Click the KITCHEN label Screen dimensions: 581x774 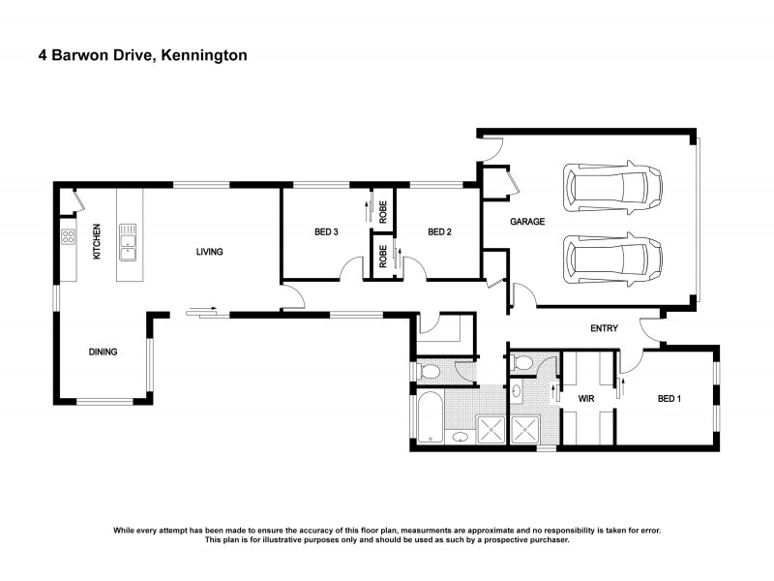(x=97, y=242)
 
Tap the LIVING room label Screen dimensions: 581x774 (x=210, y=252)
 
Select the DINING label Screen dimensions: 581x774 (x=104, y=352)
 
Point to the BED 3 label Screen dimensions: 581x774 (x=327, y=231)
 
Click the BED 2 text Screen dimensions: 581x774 (x=440, y=231)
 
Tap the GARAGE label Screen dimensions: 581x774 (x=528, y=222)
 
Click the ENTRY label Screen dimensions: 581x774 (x=604, y=329)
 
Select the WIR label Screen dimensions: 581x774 (x=585, y=398)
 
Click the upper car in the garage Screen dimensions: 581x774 (x=613, y=186)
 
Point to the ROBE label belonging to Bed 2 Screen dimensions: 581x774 (x=383, y=256)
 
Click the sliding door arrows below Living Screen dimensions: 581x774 (x=202, y=312)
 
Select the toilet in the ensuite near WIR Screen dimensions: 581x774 (x=522, y=363)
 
